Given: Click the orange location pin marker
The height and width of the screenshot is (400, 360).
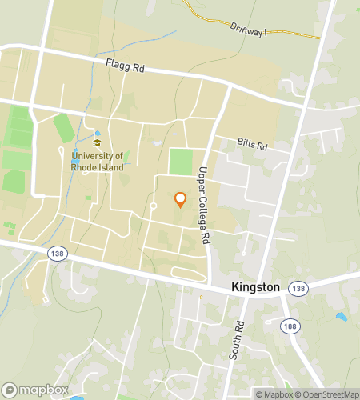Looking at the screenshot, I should pos(180,200).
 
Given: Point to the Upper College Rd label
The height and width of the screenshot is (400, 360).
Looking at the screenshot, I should pos(205,206).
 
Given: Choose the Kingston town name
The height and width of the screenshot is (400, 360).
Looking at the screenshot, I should pos(255,286).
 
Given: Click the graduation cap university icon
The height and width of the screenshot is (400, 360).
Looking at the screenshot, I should pos(97,143).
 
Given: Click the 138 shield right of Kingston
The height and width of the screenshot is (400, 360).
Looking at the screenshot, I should pos(297,288).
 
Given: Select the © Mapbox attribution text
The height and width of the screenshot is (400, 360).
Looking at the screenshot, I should pos(274,394).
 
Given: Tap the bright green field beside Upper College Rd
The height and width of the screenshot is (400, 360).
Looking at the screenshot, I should pos(181,162).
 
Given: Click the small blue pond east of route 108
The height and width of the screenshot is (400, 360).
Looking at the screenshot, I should pos(342,317).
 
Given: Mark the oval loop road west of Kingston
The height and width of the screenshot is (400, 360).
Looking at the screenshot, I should pos(189,275).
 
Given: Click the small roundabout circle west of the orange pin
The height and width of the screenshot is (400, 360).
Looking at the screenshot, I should pos(153,206).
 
